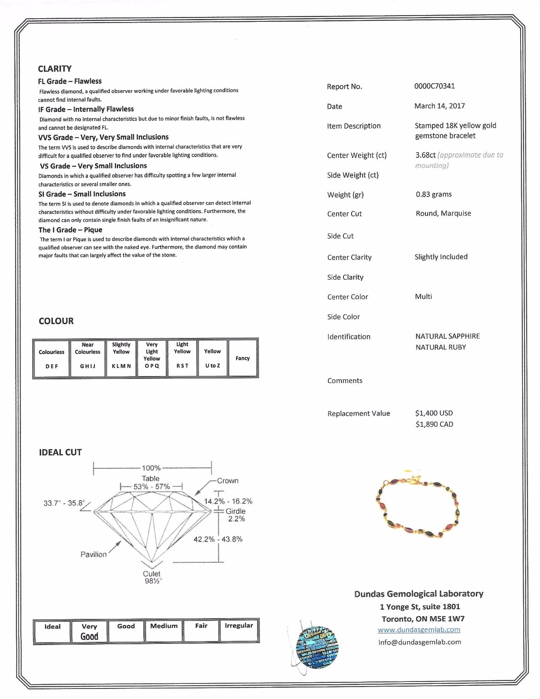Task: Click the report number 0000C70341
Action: [x=434, y=86]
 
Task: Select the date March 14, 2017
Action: [x=439, y=106]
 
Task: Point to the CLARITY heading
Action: [x=55, y=69]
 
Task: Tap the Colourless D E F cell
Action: [x=52, y=358]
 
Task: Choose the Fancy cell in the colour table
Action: [x=243, y=358]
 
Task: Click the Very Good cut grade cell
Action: [x=89, y=631]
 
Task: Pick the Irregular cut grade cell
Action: [x=239, y=630]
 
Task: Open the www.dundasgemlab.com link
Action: [x=419, y=630]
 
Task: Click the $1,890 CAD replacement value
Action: [x=434, y=424]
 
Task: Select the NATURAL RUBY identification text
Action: [x=441, y=347]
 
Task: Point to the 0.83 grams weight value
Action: [x=434, y=194]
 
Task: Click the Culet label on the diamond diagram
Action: [x=152, y=573]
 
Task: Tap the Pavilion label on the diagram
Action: [x=93, y=554]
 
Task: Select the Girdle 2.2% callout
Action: [x=236, y=515]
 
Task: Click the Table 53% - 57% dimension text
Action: [x=151, y=483]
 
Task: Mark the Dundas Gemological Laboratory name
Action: [x=419, y=594]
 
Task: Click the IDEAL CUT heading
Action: [x=60, y=452]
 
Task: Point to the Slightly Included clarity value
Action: [x=441, y=257]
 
